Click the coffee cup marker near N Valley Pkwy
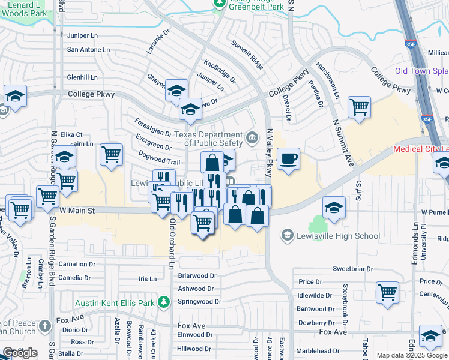(289, 159)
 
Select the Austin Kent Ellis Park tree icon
(163, 302)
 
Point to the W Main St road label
(77, 211)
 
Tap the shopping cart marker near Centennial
(387, 293)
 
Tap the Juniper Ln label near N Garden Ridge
(82, 35)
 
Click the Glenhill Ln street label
(82, 77)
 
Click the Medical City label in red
(421, 149)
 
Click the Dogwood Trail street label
(159, 162)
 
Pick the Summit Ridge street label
(248, 53)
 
